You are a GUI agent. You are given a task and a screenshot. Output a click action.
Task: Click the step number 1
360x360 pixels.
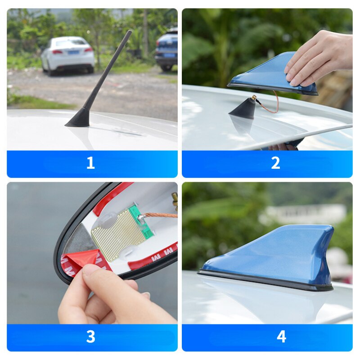point(90,163)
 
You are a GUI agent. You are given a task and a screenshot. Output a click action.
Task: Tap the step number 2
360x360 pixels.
point(275,163)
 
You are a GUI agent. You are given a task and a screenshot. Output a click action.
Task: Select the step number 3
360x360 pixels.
point(90,337)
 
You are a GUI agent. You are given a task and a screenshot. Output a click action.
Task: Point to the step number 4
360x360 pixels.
point(281,337)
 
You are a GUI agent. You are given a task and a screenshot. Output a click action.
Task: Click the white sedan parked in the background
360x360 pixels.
point(68,54)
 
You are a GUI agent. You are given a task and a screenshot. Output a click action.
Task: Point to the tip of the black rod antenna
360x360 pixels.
point(130,32)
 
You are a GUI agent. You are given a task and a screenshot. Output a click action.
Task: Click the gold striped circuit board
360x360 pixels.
point(118,234)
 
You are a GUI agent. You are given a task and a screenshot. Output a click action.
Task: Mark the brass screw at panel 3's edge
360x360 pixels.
point(175,198)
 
